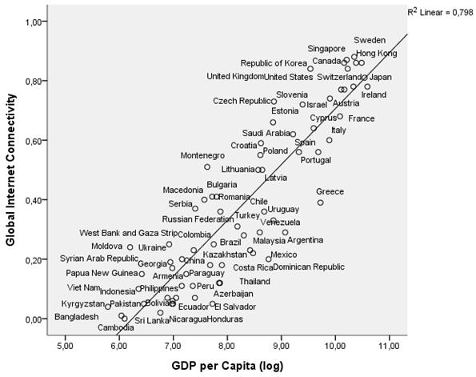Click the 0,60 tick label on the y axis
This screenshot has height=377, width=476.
coord(30,141)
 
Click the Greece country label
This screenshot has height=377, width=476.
coord(330,192)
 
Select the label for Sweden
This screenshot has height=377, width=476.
coord(370,40)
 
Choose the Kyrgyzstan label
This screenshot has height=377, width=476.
coord(82,305)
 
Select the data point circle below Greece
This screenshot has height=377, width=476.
coord(320,203)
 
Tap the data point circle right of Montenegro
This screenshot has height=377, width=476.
coord(207,166)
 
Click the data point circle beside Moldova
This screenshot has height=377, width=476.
coord(130,247)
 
